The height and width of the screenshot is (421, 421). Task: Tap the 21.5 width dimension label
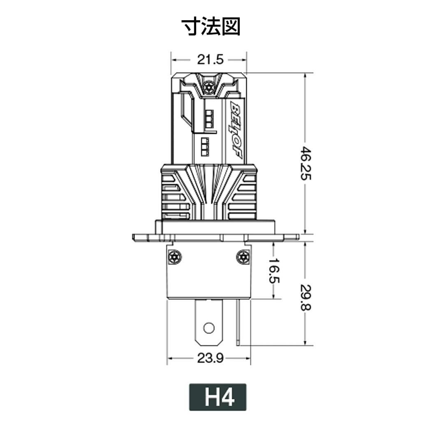click(210, 60)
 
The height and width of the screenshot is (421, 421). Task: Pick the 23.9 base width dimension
click(210, 359)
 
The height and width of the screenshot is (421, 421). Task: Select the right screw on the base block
click(243, 257)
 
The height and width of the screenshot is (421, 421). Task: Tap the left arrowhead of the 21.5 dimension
click(174, 60)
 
